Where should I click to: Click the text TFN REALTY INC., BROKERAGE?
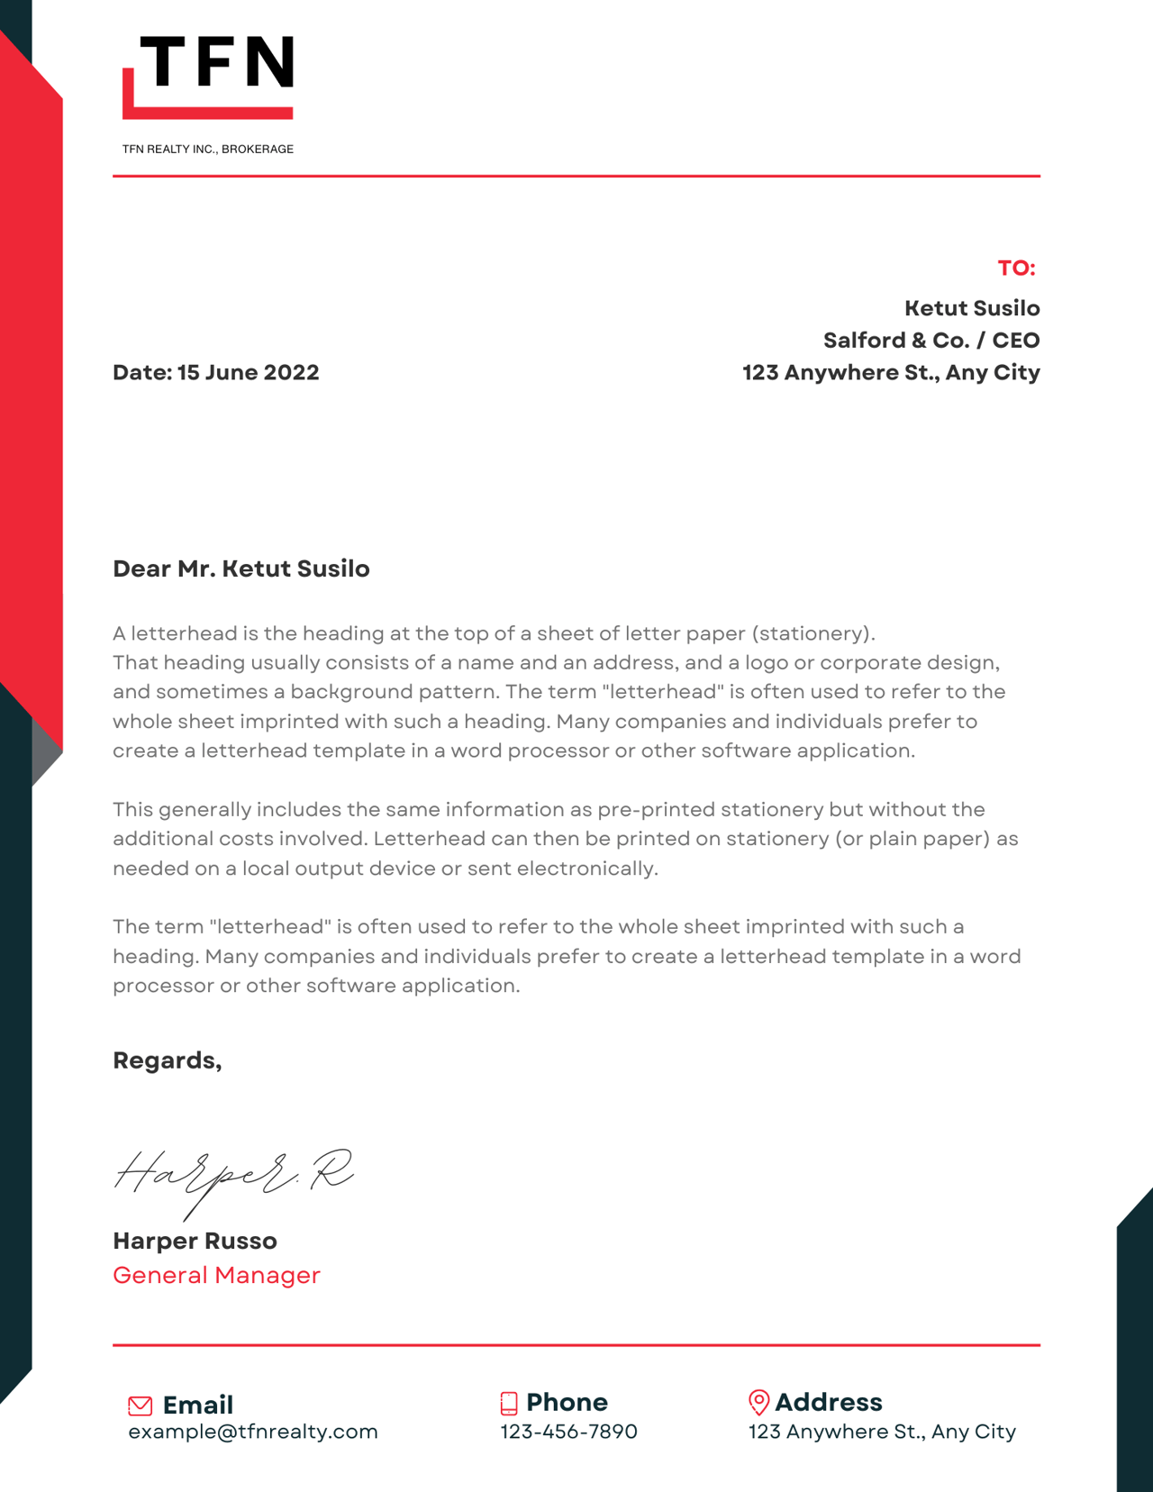click(208, 150)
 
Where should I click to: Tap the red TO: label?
click(1016, 268)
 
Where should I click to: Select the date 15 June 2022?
click(248, 373)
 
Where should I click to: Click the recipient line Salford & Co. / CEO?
click(931, 341)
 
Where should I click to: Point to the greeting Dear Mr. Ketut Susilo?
click(241, 569)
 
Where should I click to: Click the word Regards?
click(167, 1060)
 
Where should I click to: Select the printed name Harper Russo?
click(195, 1242)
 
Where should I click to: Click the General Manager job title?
click(216, 1276)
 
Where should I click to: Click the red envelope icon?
click(141, 1406)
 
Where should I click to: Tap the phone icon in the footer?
click(509, 1403)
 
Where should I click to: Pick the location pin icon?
click(758, 1402)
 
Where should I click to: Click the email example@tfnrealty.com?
click(253, 1432)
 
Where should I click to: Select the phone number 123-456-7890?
click(568, 1432)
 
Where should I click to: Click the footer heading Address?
click(828, 1403)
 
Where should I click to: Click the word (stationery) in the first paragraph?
click(813, 633)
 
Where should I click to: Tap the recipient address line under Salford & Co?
click(891, 373)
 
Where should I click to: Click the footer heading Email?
click(197, 1406)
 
